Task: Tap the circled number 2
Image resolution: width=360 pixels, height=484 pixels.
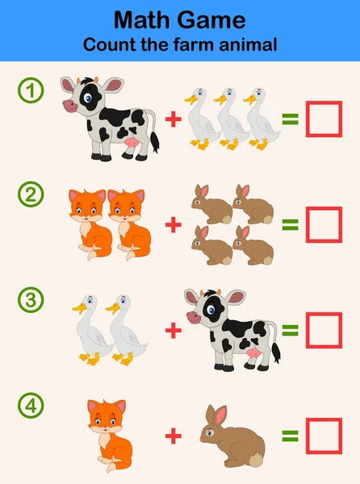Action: click(x=31, y=194)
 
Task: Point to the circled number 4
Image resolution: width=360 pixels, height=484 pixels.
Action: click(x=31, y=405)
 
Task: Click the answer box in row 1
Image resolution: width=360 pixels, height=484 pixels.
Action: click(x=324, y=120)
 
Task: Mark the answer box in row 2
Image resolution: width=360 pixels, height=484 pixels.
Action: click(x=324, y=224)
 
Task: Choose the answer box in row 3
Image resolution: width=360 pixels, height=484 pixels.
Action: click(x=324, y=329)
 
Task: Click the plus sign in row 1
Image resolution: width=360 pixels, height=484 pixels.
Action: click(x=173, y=120)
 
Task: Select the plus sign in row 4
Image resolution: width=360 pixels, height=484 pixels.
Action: click(x=173, y=436)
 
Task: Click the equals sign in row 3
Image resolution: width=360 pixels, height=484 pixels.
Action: click(x=290, y=330)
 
